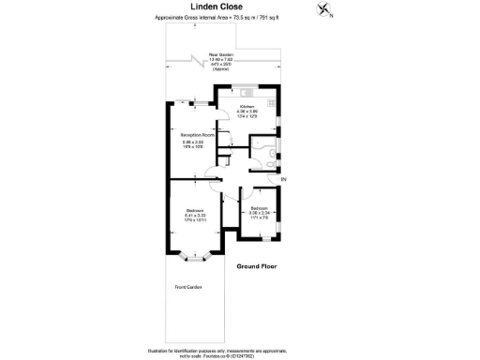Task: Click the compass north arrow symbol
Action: pos(324,10)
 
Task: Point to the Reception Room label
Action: pos(198,135)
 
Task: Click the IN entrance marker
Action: pos(282,178)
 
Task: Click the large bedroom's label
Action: pos(195,209)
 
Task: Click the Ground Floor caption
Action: pos(257,266)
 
